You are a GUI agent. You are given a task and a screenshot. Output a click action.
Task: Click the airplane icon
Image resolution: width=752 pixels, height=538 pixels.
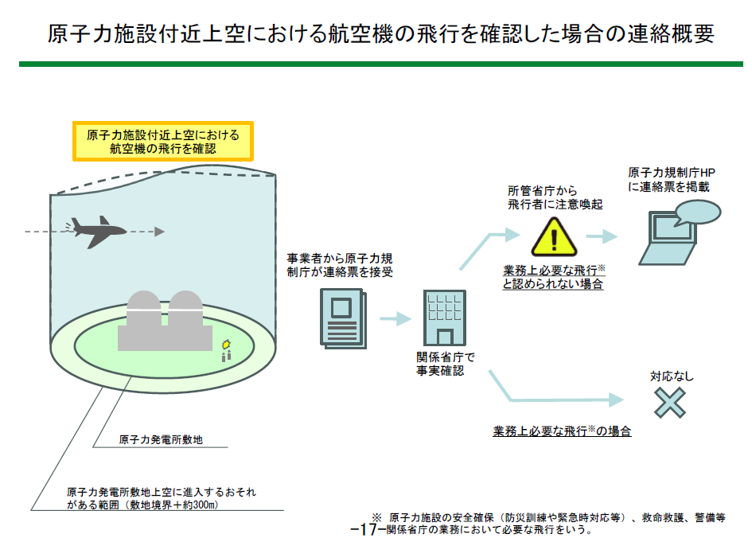click(x=98, y=232)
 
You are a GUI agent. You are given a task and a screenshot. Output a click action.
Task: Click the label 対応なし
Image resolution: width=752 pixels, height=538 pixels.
click(x=672, y=376)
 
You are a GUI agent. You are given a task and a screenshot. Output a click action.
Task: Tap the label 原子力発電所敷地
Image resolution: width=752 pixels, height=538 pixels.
click(x=160, y=439)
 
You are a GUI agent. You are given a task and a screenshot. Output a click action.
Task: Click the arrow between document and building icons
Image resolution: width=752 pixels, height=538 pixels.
click(x=395, y=319)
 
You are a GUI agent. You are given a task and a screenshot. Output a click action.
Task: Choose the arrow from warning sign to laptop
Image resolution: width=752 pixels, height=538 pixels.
click(x=602, y=236)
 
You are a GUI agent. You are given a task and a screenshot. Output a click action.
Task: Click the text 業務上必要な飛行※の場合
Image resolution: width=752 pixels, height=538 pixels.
click(x=562, y=431)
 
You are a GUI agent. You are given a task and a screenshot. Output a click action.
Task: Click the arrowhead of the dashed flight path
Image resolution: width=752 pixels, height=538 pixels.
click(x=160, y=232)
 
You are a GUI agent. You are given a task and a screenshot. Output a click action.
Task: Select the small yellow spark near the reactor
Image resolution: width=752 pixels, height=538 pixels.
click(x=226, y=343)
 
